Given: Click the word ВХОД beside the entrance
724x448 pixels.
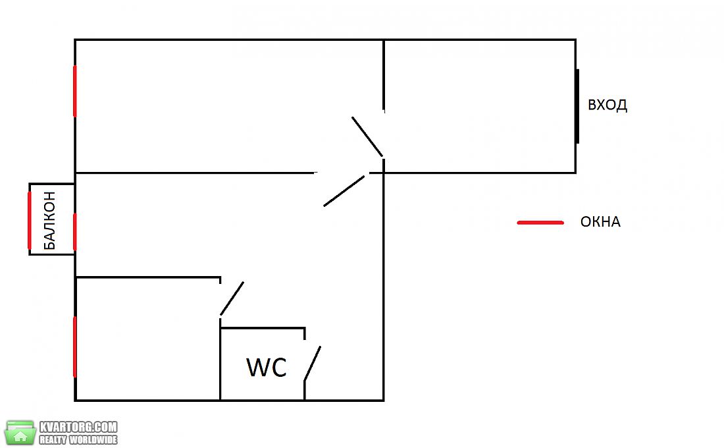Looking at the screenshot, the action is coord(608,105).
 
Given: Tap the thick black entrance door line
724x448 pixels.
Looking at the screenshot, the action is coord(577,106).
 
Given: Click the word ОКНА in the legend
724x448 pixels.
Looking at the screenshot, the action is coord(600,222).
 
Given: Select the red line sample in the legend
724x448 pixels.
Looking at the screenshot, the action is coord(540,223).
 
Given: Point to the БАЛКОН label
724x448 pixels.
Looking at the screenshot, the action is coord(49,221).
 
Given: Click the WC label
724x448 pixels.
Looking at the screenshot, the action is coord(267,368).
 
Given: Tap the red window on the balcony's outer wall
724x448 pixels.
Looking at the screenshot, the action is coord(30,220).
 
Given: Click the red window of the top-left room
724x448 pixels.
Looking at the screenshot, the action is coord(75,91).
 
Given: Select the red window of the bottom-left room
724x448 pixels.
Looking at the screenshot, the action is coord(75,347).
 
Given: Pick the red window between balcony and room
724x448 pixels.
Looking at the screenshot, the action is coord(75,232).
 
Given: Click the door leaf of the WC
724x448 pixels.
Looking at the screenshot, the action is coord(312,364).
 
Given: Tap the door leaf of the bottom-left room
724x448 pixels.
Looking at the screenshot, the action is coord(232,298).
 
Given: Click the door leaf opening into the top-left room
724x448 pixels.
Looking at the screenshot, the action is coord(367,137).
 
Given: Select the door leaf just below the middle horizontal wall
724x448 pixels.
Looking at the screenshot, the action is coord(344,191).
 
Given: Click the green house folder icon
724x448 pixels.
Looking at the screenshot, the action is coord(20,433).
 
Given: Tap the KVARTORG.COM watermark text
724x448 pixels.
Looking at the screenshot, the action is coord(78,427).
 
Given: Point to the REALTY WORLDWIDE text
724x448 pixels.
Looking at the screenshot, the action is coord(78,439).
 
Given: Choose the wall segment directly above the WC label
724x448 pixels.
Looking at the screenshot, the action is coord(262,328).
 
